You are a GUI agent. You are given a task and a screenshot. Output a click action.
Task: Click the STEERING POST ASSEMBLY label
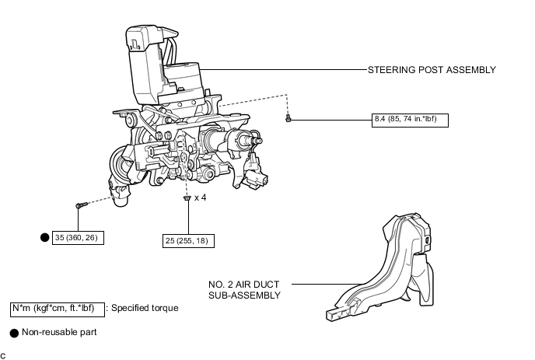click(432, 70)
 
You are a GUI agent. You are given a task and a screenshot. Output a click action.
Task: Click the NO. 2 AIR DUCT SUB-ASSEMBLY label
click(244, 289)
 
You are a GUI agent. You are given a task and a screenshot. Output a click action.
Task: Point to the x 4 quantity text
click(200, 198)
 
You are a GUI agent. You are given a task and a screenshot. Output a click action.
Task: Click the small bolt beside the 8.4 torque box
click(288, 119)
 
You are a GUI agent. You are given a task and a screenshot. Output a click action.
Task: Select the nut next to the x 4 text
click(187, 199)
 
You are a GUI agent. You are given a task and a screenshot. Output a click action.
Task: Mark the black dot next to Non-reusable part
click(13, 333)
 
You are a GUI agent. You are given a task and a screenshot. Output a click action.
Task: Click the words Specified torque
click(145, 308)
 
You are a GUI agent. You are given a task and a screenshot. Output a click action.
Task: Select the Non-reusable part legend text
click(58, 333)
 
